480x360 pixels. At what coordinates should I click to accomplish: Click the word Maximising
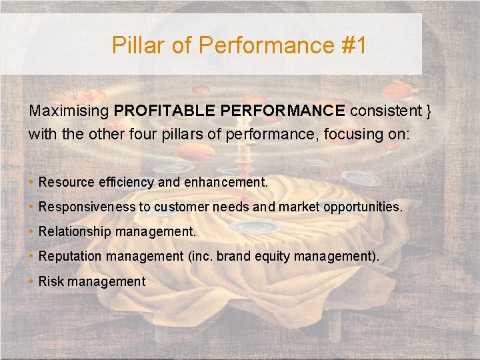click(x=69, y=111)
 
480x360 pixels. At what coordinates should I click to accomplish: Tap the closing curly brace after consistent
click(x=429, y=111)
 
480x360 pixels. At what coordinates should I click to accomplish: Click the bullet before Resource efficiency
click(x=31, y=182)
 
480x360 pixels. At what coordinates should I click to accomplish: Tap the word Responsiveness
click(x=87, y=207)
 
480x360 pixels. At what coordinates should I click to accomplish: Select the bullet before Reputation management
click(x=31, y=256)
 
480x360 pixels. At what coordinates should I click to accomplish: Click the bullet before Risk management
click(x=31, y=281)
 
